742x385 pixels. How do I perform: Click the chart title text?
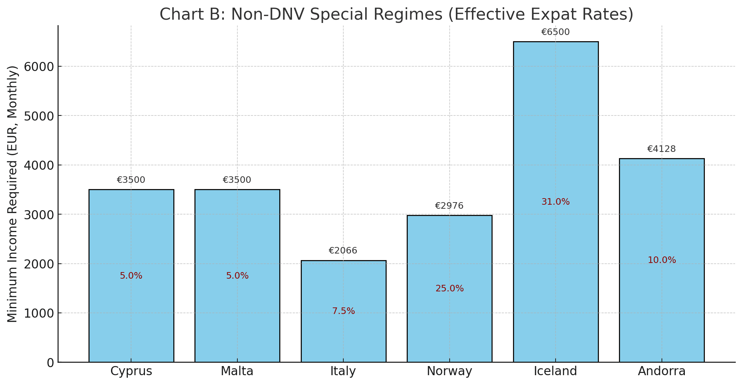click(396, 15)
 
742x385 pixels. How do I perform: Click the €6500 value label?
click(555, 32)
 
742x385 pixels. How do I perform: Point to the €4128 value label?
click(661, 149)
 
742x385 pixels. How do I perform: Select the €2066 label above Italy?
click(343, 251)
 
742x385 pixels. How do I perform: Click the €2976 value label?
click(449, 206)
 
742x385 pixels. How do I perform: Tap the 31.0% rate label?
click(556, 202)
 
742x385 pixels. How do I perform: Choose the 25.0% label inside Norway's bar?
click(450, 289)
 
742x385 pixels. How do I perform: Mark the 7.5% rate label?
click(343, 311)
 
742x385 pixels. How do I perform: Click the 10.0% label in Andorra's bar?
click(662, 260)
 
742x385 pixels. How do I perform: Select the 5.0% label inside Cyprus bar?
click(131, 276)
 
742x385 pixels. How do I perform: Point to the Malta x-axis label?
click(237, 371)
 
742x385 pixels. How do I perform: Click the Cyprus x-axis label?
click(131, 371)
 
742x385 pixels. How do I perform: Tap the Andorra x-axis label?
click(662, 371)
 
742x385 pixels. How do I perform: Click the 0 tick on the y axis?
click(50, 363)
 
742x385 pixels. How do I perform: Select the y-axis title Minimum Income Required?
click(13, 194)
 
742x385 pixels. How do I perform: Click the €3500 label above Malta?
click(237, 180)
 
